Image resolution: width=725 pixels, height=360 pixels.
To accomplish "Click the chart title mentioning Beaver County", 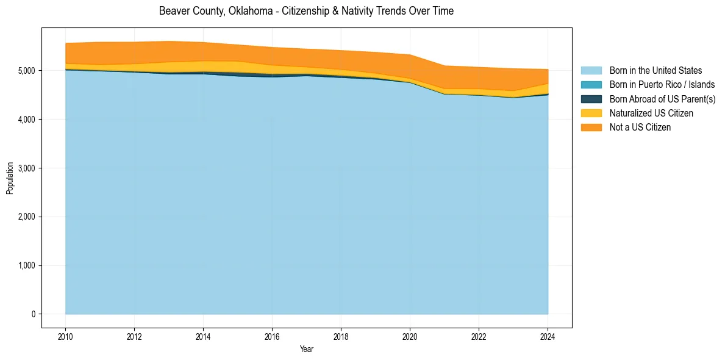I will (306, 11).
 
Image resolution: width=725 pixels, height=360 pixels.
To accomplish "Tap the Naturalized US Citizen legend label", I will (651, 113).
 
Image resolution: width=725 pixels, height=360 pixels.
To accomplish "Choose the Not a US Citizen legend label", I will (640, 127).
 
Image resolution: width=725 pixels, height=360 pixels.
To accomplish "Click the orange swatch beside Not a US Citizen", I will (591, 127).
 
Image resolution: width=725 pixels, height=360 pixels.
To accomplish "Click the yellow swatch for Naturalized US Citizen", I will (591, 113).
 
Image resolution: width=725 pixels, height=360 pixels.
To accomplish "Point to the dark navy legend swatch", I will (591, 99).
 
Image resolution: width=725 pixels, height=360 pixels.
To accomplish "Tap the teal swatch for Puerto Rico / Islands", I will (591, 85).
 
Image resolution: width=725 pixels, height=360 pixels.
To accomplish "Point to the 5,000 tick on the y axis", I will (28, 71).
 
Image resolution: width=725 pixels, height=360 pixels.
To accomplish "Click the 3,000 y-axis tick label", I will (28, 168).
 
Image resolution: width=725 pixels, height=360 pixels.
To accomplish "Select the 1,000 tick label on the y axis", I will (28, 265).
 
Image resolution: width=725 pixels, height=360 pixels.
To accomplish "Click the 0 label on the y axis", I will (34, 314).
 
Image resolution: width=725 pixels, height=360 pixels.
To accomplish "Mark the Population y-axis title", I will (10, 178).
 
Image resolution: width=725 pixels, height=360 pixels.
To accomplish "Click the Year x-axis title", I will (307, 349).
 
